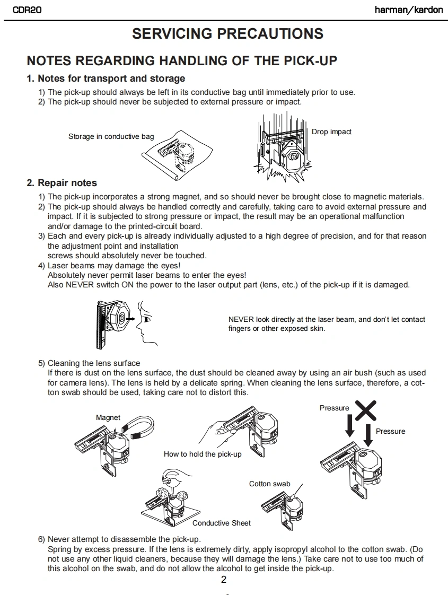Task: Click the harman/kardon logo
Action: [x=408, y=10]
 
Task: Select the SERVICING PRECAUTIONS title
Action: [x=227, y=34]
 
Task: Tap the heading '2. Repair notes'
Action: [x=62, y=183]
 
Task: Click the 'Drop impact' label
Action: [x=331, y=132]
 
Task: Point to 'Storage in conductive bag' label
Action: [x=111, y=136]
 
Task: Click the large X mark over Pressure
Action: [x=365, y=410]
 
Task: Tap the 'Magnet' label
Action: [x=108, y=417]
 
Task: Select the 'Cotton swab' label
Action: [x=269, y=484]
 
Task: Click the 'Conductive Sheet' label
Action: [x=222, y=523]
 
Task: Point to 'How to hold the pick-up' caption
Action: [x=203, y=454]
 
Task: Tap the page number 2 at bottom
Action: [x=224, y=579]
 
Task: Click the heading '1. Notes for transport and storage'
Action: [x=106, y=78]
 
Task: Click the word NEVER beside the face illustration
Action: [x=241, y=319]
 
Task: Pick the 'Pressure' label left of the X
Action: [x=334, y=408]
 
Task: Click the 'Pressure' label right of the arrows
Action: [x=390, y=431]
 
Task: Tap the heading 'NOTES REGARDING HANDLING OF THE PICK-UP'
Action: [x=182, y=60]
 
